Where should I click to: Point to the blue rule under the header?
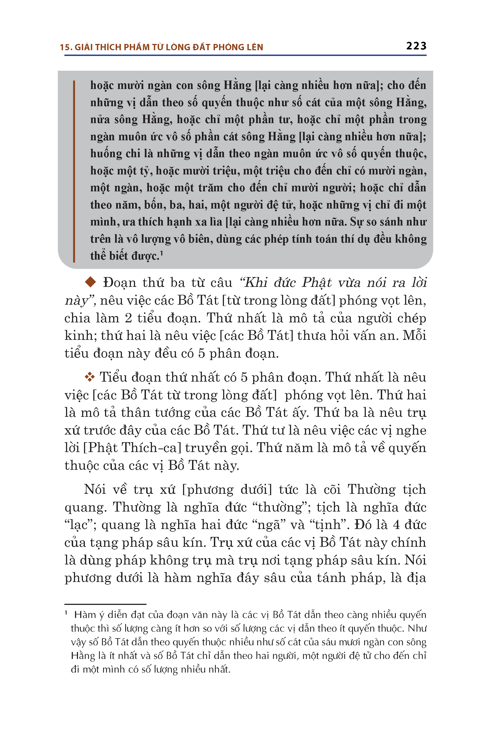tap(245, 56)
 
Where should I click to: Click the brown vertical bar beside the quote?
tap(74, 171)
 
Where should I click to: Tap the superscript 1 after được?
tap(161, 253)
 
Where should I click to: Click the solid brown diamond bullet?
tap(91, 282)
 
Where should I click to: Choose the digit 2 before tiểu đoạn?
tap(128, 318)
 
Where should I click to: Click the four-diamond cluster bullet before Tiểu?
tap(90, 377)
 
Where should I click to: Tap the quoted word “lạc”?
tap(78, 525)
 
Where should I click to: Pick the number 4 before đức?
tap(396, 525)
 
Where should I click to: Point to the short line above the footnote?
tap(105, 604)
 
